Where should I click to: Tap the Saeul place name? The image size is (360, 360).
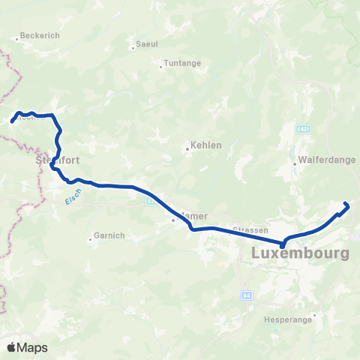[x=147, y=44]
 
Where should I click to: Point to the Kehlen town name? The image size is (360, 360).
[x=206, y=145]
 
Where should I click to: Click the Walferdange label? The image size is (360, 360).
[x=327, y=160]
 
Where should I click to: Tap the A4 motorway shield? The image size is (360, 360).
[x=246, y=296]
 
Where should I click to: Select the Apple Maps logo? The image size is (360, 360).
[x=27, y=347]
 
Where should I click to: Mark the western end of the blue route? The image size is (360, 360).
[x=11, y=120]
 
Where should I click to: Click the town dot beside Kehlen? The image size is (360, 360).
[x=187, y=149]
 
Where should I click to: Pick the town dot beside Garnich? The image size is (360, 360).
[x=91, y=239]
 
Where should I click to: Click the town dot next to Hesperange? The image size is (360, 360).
[x=314, y=315]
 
